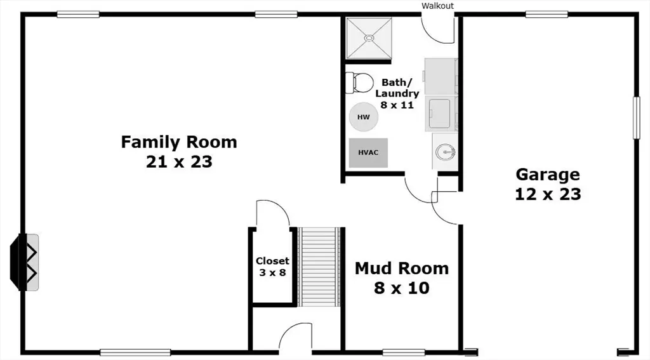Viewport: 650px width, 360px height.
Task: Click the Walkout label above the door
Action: (437, 6)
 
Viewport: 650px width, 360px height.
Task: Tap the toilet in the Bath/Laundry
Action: (359, 82)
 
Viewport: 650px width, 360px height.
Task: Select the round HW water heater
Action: (364, 117)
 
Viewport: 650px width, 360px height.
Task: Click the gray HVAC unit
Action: (368, 152)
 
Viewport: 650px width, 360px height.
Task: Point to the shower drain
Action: (369, 37)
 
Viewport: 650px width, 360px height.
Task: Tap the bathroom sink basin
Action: (446, 152)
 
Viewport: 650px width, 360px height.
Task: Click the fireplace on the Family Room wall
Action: (25, 262)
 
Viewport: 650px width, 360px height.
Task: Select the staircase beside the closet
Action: (319, 267)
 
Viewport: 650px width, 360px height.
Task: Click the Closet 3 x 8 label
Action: (272, 266)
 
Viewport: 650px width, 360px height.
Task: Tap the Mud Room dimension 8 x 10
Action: (402, 288)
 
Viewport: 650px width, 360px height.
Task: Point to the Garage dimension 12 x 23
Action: (548, 194)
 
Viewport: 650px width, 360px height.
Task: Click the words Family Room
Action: (179, 142)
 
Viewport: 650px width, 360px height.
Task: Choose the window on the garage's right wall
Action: (637, 117)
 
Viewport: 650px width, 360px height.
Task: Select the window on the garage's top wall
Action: (547, 15)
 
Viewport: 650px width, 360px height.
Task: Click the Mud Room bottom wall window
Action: (404, 352)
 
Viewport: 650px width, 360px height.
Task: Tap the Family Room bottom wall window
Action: (136, 352)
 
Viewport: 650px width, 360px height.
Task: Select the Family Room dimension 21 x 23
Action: (179, 161)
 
